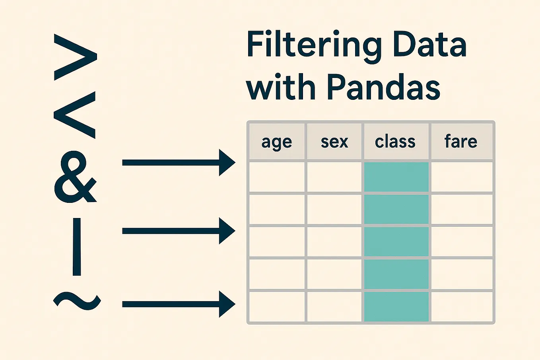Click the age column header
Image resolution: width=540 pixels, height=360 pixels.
click(277, 142)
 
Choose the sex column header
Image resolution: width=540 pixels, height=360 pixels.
click(334, 142)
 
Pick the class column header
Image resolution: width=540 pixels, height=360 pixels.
click(395, 142)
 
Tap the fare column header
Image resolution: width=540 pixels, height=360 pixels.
click(461, 142)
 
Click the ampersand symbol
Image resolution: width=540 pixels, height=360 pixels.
click(75, 178)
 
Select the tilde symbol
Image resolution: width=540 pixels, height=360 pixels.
click(76, 301)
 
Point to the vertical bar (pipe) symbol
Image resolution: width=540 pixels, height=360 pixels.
click(77, 247)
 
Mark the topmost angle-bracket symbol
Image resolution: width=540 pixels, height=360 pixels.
click(76, 57)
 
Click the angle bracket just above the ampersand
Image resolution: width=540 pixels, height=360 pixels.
click(75, 115)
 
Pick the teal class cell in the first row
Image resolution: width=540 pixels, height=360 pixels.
click(396, 177)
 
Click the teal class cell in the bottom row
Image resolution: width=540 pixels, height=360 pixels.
click(396, 307)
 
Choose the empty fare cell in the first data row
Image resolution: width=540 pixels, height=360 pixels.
click(462, 177)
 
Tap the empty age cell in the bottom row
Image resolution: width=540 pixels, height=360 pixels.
click(277, 307)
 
